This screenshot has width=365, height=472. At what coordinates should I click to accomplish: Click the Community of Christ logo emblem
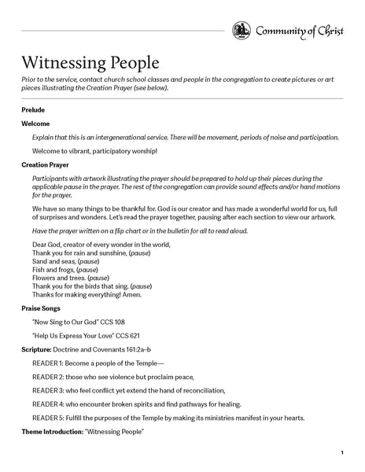point(241,31)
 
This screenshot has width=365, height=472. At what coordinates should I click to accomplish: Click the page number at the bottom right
point(342,453)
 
